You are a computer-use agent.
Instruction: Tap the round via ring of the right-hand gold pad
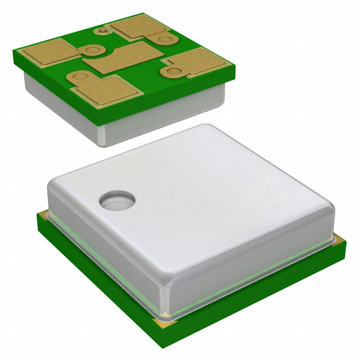pos(172,71)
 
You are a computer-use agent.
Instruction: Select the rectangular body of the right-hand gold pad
pos(199,60)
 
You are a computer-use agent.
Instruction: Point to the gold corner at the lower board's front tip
pos(166,323)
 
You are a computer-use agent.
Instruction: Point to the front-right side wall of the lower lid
pos(253,264)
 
